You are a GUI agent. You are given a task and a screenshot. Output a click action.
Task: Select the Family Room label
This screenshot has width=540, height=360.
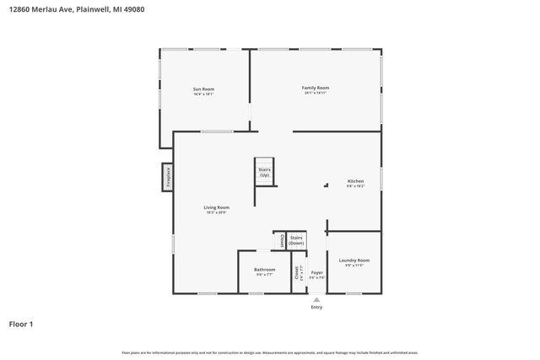(x=316, y=88)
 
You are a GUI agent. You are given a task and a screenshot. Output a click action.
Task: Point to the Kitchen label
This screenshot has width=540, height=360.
(x=355, y=181)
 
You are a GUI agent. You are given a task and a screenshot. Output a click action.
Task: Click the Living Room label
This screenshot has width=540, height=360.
(x=216, y=207)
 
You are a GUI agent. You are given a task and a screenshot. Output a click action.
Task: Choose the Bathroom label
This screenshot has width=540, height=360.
(x=264, y=270)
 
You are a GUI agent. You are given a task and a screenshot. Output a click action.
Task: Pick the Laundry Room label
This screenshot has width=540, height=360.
(x=354, y=261)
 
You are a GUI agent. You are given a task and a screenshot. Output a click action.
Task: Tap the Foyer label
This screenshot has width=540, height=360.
(x=316, y=273)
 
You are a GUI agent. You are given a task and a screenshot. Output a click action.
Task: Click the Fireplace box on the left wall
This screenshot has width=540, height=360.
(x=168, y=178)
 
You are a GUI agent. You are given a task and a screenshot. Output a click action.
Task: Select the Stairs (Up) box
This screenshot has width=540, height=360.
(x=264, y=172)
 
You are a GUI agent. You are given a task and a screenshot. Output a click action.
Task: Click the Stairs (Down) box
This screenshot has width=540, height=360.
(x=296, y=240)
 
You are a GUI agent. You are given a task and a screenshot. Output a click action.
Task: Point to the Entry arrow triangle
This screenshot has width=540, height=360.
(x=316, y=299)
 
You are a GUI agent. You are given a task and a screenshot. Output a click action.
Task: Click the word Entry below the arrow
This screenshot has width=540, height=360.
(x=316, y=308)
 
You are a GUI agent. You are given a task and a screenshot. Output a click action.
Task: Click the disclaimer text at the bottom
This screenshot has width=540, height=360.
(x=270, y=352)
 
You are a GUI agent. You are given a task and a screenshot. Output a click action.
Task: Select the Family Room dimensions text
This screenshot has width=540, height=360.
(x=316, y=94)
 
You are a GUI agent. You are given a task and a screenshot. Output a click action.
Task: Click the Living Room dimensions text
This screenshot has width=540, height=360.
(x=216, y=212)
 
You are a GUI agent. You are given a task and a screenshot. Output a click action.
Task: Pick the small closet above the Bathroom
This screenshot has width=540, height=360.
(x=278, y=240)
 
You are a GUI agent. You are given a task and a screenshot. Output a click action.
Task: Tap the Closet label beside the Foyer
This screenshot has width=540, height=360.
(x=297, y=273)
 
